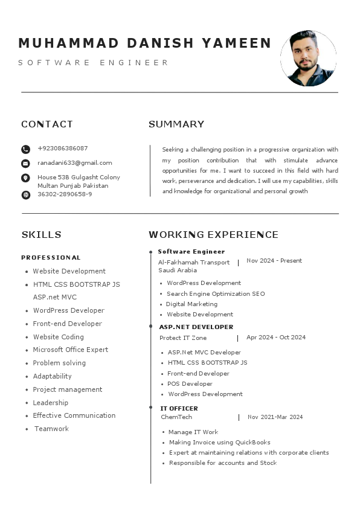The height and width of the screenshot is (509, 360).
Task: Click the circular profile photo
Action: click(308, 59)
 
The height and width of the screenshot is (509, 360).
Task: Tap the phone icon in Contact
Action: click(25, 149)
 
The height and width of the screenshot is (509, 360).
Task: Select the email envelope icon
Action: click(25, 164)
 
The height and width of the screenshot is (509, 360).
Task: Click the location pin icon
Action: click(25, 178)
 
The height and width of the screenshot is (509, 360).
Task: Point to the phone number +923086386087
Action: click(63, 149)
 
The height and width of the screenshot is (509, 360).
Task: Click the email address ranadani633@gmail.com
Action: click(75, 163)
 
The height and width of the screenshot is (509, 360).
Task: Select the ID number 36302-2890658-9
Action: click(65, 194)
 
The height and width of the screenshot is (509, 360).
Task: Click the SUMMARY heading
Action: click(176, 124)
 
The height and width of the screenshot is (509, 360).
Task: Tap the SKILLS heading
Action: click(41, 235)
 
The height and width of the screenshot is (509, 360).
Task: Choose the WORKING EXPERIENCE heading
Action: click(213, 235)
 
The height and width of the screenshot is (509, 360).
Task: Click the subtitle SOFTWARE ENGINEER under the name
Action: click(94, 63)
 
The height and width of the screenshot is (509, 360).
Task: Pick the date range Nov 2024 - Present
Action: click(274, 261)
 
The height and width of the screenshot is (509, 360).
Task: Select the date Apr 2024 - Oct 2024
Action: click(276, 338)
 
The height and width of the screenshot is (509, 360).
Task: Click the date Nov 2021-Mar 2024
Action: click(275, 417)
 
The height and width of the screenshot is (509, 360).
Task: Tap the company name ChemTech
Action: click(176, 417)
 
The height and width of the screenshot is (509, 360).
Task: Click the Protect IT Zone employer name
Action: click(183, 338)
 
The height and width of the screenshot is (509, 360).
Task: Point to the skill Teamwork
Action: click(51, 429)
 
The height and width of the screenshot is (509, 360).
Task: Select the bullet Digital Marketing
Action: click(191, 304)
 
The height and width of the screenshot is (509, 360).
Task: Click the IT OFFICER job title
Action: click(179, 409)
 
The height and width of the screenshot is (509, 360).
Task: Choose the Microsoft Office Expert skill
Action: click(71, 350)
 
